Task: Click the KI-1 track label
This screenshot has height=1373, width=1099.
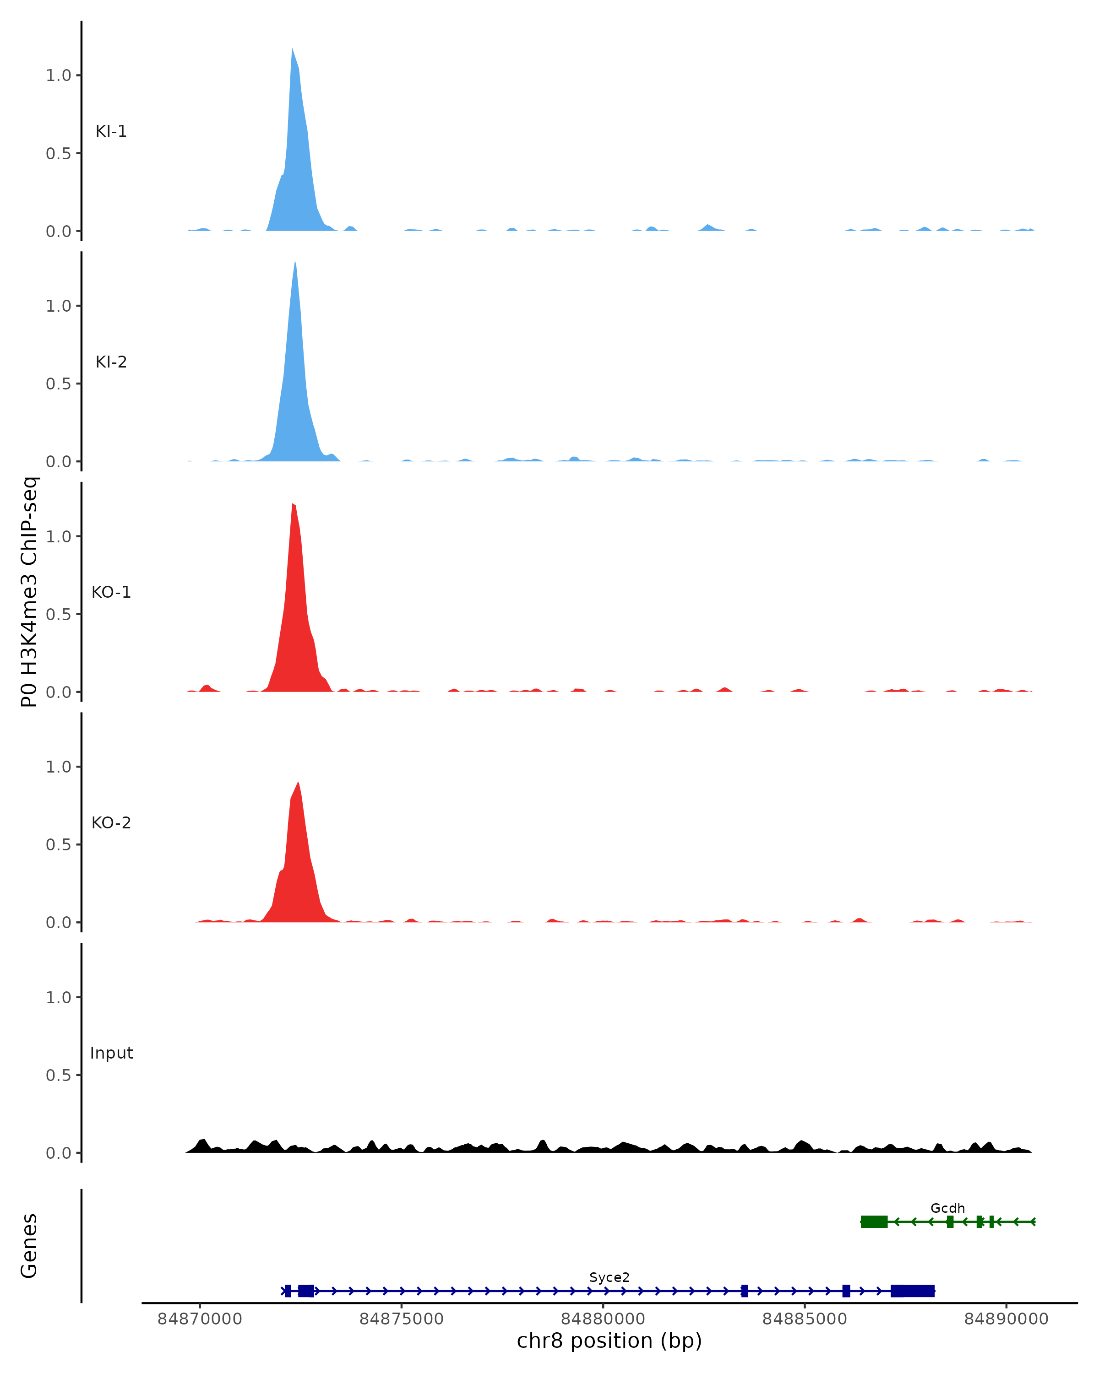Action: [111, 131]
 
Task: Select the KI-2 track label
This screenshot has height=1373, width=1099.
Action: [111, 362]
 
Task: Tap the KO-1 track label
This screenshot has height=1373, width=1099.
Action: [111, 592]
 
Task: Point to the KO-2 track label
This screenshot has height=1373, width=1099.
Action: [111, 823]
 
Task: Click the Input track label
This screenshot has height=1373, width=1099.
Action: [111, 1053]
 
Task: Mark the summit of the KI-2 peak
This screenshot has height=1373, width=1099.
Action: [295, 262]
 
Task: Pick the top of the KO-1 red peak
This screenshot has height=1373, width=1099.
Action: [293, 504]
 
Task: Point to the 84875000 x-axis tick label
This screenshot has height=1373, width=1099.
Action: [402, 1319]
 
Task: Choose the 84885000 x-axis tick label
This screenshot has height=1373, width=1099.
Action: [805, 1319]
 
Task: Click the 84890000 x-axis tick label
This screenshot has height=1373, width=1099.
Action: [1006, 1319]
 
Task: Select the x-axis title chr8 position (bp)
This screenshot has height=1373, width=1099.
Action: [609, 1341]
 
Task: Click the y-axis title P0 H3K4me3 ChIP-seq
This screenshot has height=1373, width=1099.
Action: [29, 592]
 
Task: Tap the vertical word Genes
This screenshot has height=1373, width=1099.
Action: [29, 1246]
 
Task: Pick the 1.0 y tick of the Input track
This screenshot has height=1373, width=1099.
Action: [58, 997]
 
